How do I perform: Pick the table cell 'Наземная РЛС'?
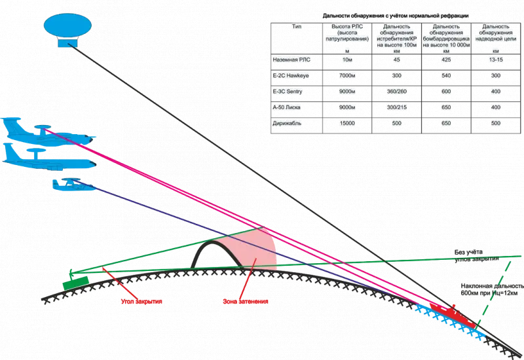coord(288,60)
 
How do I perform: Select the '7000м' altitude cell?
coord(346,75)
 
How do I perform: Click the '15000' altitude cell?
coord(346,122)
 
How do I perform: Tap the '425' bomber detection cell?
coord(445,60)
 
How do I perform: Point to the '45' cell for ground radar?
coord(396,60)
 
